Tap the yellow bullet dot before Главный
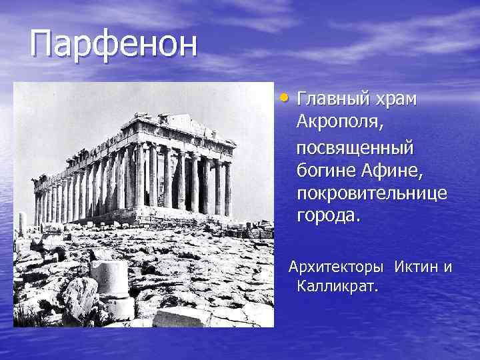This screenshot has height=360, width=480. tap(285, 99)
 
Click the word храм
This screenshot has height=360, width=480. tap(395, 99)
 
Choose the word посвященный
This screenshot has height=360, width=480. tap(355, 146)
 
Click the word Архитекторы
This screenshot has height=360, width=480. tap(336, 267)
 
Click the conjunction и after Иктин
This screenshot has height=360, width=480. tap(447, 267)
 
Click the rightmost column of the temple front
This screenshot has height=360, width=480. tap(227, 187)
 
